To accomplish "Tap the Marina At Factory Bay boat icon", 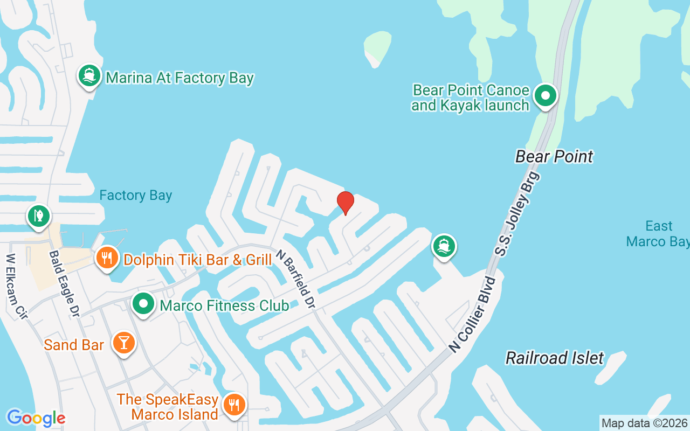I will (89, 76).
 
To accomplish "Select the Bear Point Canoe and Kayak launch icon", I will (546, 96).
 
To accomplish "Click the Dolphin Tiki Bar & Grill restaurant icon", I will (107, 259).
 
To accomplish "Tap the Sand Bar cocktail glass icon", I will (124, 343).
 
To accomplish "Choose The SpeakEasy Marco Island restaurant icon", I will (234, 405).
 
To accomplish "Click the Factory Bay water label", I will (136, 196).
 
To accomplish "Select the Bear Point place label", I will (554, 157).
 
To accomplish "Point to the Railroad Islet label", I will (555, 358).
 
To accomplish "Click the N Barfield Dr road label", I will (295, 279).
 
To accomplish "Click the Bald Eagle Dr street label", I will (64, 283).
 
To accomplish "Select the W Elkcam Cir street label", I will (16, 287).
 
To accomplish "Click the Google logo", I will (36, 418).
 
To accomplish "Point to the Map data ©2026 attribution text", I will (644, 423).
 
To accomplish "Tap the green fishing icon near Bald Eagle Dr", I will (39, 216).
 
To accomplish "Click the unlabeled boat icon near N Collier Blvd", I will (444, 246).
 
